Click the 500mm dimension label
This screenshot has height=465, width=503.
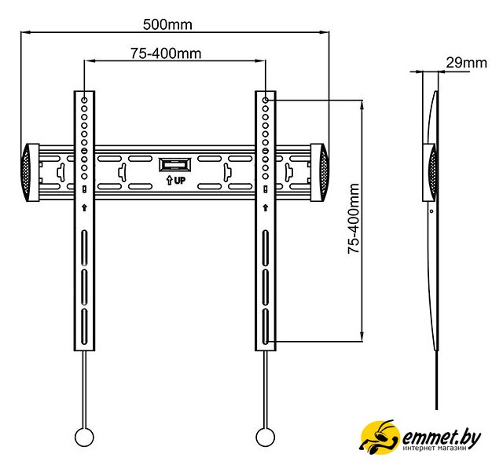point(167,24)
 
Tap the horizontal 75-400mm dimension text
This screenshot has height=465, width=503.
point(166,53)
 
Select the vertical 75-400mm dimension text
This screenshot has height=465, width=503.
point(354,218)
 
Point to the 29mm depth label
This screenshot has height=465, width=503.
point(466,63)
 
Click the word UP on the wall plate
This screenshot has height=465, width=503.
point(180,181)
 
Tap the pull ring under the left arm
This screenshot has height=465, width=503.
point(84,437)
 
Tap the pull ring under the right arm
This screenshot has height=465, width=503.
point(266,437)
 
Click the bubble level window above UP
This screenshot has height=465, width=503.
point(175,165)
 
